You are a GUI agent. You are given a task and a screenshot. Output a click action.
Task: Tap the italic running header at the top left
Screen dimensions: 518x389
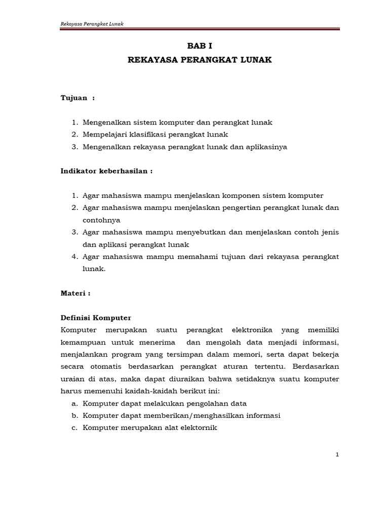click(x=92, y=24)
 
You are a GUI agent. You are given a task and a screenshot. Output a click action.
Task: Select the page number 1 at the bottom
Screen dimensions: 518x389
click(x=337, y=455)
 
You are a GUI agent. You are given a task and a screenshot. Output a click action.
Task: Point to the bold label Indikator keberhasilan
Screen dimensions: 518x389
click(x=106, y=171)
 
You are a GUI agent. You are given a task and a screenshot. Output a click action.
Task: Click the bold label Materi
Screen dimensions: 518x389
click(x=75, y=293)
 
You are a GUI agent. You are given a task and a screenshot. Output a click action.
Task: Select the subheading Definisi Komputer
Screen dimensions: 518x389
click(x=96, y=318)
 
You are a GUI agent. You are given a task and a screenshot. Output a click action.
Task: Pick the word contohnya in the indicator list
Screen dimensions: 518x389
click(x=103, y=220)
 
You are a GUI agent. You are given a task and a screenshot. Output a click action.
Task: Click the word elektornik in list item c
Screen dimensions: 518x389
click(x=199, y=428)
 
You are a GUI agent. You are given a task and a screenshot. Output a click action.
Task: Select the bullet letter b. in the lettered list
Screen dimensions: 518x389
click(x=75, y=416)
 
